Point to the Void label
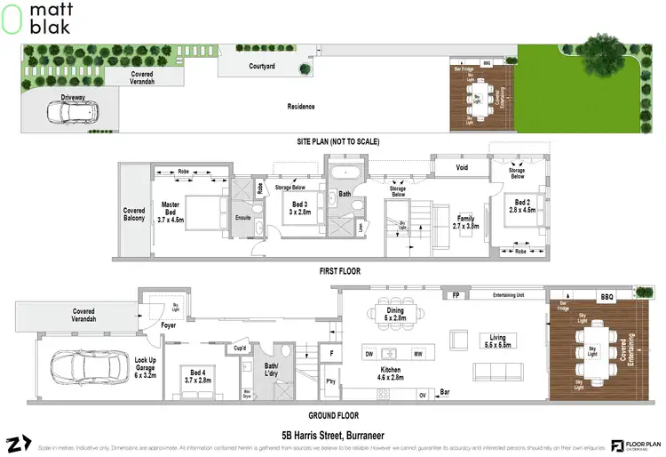point(462,166)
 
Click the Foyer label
point(169,326)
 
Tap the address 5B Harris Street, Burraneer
point(335,435)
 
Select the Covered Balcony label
point(134,216)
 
